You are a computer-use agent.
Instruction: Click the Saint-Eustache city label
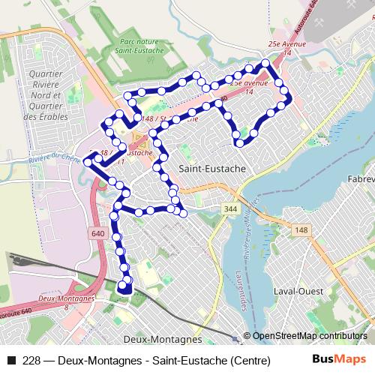point(212,169)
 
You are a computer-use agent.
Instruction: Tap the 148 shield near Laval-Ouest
point(301,229)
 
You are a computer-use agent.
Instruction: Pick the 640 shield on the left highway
point(98,233)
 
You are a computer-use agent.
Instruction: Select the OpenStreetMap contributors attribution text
point(310,336)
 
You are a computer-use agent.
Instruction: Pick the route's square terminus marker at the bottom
point(125,286)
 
